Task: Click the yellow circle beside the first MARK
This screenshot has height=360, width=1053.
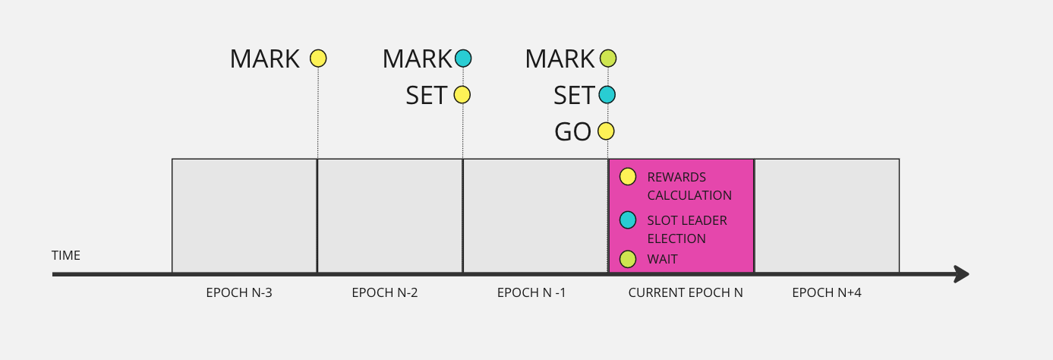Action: (318, 58)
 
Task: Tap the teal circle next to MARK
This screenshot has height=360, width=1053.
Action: (463, 58)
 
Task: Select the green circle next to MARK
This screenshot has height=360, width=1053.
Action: (607, 58)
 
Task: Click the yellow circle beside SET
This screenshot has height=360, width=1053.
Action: (462, 95)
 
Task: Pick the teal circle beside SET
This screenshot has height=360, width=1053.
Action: (607, 95)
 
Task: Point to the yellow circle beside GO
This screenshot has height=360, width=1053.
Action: (606, 131)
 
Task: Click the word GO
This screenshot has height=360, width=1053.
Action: (573, 132)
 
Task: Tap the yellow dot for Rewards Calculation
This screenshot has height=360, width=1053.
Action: (628, 177)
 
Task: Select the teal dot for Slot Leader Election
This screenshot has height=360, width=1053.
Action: (628, 220)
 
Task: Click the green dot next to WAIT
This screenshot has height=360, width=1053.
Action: (628, 259)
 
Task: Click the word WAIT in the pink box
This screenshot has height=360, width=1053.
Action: (662, 260)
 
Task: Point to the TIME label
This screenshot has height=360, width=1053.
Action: (66, 256)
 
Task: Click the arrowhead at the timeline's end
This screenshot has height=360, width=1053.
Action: (962, 274)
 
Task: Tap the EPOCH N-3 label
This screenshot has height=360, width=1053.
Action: (239, 292)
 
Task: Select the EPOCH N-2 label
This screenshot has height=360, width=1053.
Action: (385, 292)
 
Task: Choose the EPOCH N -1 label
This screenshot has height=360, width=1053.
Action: (531, 292)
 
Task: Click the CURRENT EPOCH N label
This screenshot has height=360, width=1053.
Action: (686, 292)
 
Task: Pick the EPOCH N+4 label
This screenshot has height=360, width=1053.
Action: (827, 292)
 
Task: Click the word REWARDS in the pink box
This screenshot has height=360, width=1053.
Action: (676, 178)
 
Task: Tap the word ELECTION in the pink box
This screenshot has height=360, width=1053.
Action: (676, 238)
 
